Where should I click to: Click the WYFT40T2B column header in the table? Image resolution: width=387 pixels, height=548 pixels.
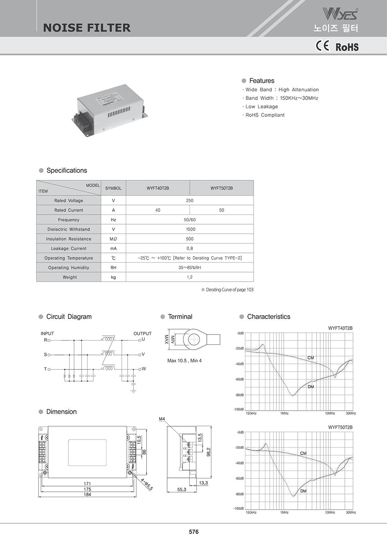[158, 188]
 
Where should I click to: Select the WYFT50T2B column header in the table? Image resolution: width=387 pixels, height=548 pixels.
[222, 188]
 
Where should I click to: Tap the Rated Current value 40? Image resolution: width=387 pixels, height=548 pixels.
[158, 210]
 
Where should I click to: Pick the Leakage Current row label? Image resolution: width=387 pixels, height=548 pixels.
[68, 248]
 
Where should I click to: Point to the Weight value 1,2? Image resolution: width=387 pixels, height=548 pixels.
[190, 277]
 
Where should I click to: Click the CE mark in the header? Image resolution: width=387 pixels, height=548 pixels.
[322, 46]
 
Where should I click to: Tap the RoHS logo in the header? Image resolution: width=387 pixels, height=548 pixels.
[347, 47]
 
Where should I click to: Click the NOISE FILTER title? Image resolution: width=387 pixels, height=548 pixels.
[87, 28]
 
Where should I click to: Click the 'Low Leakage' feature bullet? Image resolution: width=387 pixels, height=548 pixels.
[262, 107]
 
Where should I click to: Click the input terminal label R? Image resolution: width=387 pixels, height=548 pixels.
[45, 340]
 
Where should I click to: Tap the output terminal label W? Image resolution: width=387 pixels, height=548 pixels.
[144, 369]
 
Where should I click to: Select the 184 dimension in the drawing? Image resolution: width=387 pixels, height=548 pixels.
[87, 495]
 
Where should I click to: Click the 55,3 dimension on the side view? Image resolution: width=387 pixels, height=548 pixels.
[182, 490]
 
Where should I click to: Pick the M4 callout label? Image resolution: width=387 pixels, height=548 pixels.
[162, 419]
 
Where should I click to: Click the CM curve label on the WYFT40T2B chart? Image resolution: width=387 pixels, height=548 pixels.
[311, 358]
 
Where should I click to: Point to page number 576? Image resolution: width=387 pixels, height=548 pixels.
[194, 532]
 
